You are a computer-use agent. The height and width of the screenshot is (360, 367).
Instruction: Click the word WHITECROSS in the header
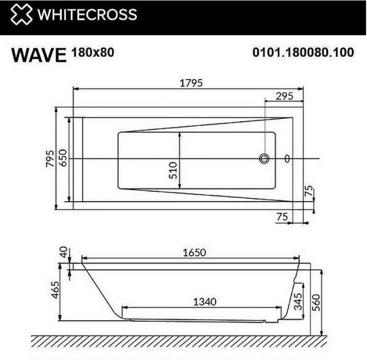87,14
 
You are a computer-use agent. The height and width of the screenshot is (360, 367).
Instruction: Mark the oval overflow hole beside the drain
287,158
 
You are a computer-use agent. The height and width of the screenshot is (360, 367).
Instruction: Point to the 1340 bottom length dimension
204,302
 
